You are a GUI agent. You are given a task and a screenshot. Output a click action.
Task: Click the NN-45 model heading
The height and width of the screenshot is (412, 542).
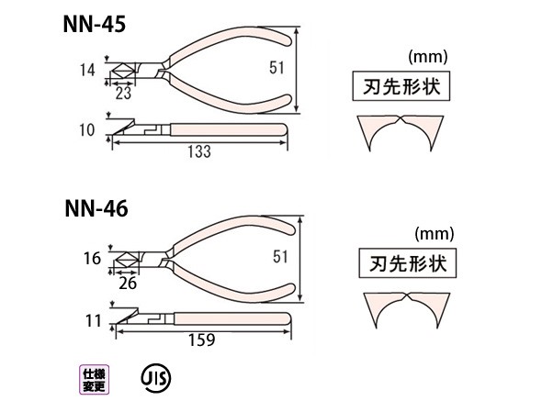[x=94, y=25]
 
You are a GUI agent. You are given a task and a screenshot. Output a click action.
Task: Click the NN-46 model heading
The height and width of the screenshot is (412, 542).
[x=96, y=208]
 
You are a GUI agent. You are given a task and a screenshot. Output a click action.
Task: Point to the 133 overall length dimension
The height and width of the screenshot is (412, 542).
[x=199, y=151]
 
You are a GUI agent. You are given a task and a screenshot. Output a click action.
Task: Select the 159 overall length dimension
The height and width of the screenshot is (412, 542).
[x=201, y=340]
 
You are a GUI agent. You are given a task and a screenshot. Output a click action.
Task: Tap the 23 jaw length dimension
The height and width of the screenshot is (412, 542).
[x=123, y=94]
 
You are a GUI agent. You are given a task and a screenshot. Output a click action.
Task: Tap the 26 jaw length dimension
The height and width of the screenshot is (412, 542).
[x=128, y=284]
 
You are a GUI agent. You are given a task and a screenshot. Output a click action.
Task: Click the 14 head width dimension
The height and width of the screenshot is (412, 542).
[x=87, y=70]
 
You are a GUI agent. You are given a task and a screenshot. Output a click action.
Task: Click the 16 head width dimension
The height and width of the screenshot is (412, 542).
[x=92, y=259]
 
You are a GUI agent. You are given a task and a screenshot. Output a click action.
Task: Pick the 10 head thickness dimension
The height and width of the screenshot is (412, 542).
[x=86, y=130]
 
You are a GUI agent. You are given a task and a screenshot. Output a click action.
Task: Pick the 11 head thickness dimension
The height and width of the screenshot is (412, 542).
[x=94, y=321]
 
